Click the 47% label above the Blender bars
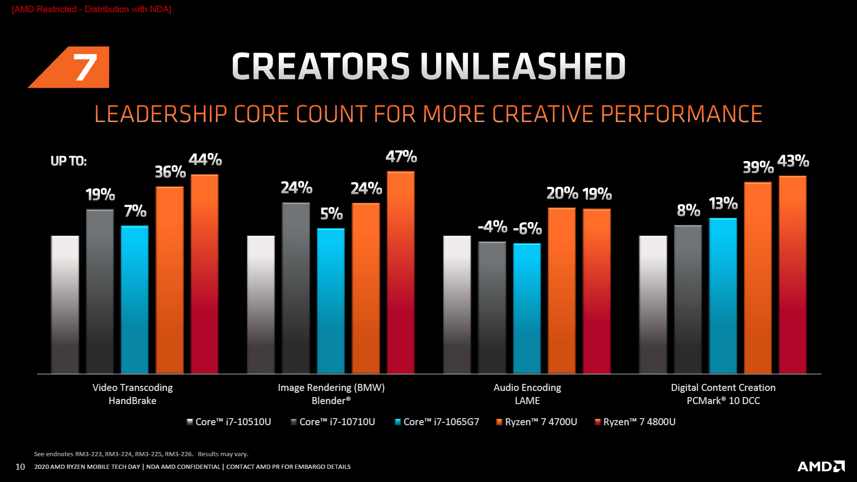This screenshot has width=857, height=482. click(x=401, y=157)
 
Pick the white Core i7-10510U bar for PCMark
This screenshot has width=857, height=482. click(x=653, y=305)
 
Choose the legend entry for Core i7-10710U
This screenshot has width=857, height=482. click(x=333, y=422)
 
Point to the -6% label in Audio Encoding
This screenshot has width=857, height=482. click(x=527, y=229)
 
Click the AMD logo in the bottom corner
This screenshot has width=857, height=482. click(x=821, y=466)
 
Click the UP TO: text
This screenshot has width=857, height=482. click(x=69, y=161)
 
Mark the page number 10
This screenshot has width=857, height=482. click(x=20, y=467)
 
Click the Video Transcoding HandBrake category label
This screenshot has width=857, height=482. click(x=132, y=394)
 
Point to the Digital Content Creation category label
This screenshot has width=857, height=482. click(x=723, y=388)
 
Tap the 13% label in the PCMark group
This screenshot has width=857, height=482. click(x=723, y=204)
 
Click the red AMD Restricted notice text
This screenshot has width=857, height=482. click(x=92, y=9)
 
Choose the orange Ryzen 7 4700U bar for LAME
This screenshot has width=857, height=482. click(x=561, y=291)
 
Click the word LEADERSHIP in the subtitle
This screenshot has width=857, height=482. click(x=161, y=114)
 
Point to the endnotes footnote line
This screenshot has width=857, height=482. click(x=141, y=454)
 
